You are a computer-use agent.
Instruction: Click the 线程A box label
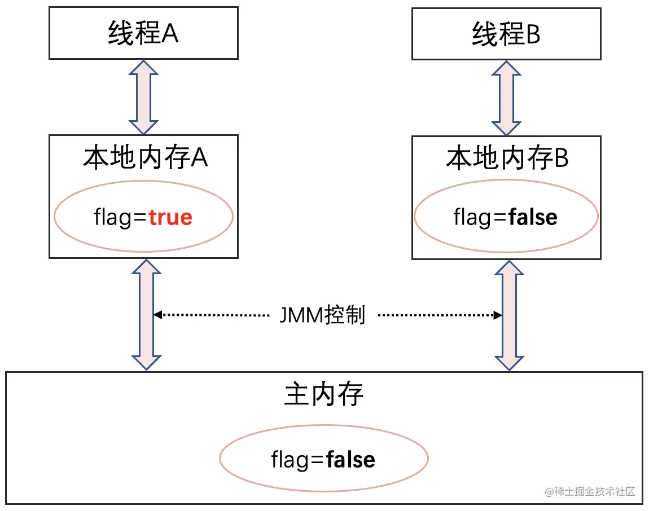click(x=143, y=34)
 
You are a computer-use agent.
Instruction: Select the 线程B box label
click(x=506, y=35)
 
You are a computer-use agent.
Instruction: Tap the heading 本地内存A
click(x=146, y=159)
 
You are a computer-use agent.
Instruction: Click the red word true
click(x=170, y=217)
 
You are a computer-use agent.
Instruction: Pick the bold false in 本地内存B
click(x=533, y=217)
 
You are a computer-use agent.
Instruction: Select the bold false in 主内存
click(x=350, y=459)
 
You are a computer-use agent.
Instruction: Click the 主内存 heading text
click(x=324, y=395)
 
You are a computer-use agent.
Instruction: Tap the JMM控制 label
click(x=323, y=315)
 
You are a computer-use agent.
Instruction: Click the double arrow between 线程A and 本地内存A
click(x=144, y=96)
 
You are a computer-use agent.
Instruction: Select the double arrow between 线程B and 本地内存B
click(x=506, y=97)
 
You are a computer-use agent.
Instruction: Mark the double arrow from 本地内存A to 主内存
click(x=146, y=314)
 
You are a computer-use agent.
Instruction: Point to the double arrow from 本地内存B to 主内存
click(x=509, y=315)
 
